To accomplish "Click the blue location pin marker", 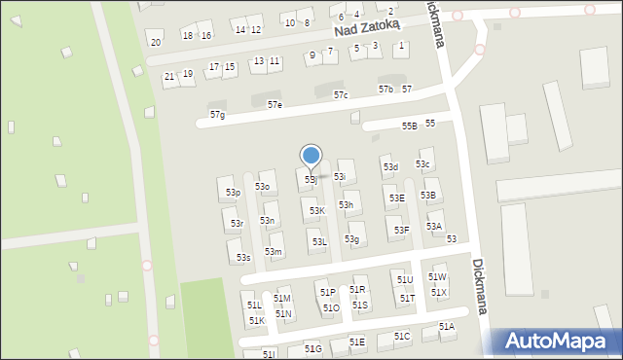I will click(x=311, y=156).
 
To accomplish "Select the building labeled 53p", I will click(x=233, y=193).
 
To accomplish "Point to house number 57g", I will click(x=217, y=115).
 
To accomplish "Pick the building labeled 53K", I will click(x=317, y=210).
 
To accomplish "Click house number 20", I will click(x=156, y=42).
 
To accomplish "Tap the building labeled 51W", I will click(x=437, y=277).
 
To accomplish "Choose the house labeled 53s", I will click(x=243, y=257).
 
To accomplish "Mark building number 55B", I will click(x=410, y=126).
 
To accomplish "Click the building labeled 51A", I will click(x=446, y=327).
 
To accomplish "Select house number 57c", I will click(x=341, y=95).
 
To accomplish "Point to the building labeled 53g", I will click(x=352, y=239).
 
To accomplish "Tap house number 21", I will click(x=169, y=76).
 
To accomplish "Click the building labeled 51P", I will click(x=327, y=292).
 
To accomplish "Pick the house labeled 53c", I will click(x=423, y=163).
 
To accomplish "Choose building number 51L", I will click(x=254, y=306).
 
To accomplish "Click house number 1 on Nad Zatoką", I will click(x=401, y=46).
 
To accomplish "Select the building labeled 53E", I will click(x=397, y=198).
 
